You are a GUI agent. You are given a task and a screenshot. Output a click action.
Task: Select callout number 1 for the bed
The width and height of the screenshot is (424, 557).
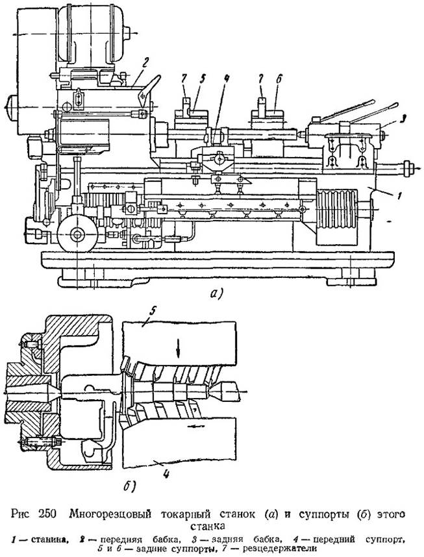click(x=399, y=195)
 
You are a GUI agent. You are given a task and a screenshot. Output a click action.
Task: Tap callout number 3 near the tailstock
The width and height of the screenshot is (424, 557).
click(x=391, y=117)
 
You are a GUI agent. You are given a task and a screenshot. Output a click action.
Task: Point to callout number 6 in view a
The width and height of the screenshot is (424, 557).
click(x=278, y=80)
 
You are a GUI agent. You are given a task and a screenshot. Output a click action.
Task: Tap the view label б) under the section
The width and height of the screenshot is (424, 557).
click(x=130, y=487)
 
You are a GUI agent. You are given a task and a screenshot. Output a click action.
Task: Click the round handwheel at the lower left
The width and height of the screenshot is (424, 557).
click(x=77, y=234)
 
